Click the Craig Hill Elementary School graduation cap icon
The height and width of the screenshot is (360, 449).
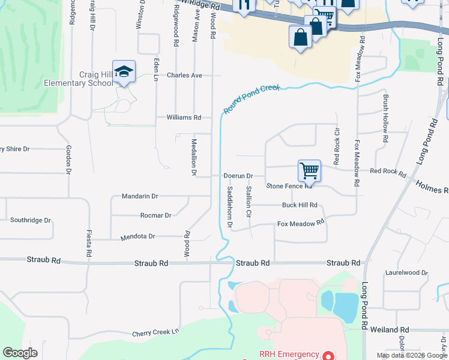click(124, 71)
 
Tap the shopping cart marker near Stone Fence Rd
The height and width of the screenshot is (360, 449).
click(309, 170)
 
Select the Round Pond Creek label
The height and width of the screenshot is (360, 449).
click(252, 99)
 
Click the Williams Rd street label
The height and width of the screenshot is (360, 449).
click(184, 118)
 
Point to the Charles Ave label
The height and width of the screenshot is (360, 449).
click(184, 76)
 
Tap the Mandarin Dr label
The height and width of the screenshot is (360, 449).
click(139, 196)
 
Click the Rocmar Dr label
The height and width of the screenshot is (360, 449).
click(155, 215)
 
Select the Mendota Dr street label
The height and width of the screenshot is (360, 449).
click(138, 236)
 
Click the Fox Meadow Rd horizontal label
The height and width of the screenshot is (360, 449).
click(301, 224)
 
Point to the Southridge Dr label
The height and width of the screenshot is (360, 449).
click(30, 220)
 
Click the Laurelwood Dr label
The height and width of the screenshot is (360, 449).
click(408, 272)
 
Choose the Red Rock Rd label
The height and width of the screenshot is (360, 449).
click(388, 171)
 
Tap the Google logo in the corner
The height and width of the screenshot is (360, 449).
click(20, 353)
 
